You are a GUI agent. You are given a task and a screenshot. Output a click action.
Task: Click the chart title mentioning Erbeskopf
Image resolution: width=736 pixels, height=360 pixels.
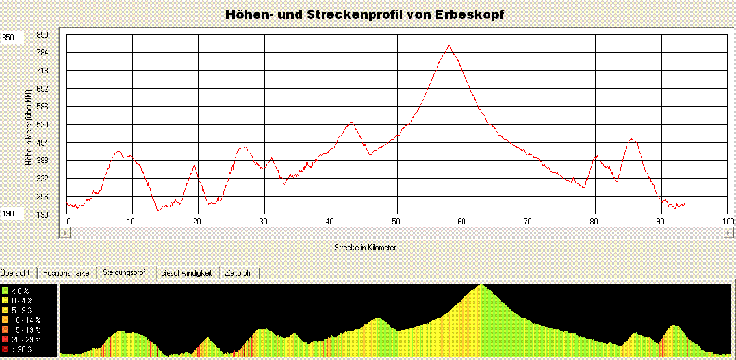coord(364,14)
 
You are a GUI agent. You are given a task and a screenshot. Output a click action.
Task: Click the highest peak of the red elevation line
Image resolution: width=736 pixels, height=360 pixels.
coord(448,45)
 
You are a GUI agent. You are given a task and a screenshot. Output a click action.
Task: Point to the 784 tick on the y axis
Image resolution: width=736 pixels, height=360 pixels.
coord(42,53)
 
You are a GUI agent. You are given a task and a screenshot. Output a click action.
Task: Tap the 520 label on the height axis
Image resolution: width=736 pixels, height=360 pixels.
coord(42,124)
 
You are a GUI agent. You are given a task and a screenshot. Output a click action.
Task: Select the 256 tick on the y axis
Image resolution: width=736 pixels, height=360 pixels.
coord(42,196)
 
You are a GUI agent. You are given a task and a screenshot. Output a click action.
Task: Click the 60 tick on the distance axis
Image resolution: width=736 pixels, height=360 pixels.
coord(461,222)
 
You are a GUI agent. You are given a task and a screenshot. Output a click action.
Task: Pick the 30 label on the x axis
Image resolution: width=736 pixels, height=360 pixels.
coord(263,222)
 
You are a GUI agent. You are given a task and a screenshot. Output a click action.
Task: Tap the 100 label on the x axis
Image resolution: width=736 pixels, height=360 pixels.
coord(728,222)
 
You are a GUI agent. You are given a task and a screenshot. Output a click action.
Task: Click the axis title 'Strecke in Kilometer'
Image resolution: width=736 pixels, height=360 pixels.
coord(365,248)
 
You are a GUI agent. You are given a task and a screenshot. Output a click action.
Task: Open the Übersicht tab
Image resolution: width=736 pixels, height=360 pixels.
coord(16,273)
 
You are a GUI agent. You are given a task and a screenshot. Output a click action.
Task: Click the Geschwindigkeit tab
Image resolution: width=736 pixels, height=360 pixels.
coord(186,273)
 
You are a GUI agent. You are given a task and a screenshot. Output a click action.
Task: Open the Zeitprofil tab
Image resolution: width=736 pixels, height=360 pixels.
coord(238,273)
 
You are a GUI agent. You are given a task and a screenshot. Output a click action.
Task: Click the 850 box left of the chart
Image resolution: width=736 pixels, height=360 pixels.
coord(13,38)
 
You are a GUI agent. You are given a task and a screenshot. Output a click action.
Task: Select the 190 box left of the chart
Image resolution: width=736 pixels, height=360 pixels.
coord(13,214)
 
